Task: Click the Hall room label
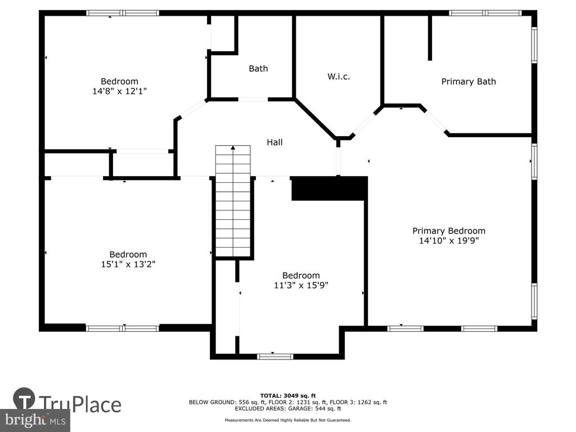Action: pyautogui.click(x=274, y=142)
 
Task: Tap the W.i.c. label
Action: pyautogui.click(x=338, y=76)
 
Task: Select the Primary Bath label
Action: pyautogui.click(x=469, y=82)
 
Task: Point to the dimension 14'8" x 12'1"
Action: pyautogui.click(x=119, y=91)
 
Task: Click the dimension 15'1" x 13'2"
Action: pyautogui.click(x=128, y=264)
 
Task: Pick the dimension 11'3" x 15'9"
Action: pyautogui.click(x=301, y=285)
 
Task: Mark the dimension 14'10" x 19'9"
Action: pyautogui.click(x=449, y=240)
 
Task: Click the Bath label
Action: pyautogui.click(x=258, y=68)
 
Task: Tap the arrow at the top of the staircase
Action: pyautogui.click(x=233, y=148)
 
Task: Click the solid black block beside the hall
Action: pyautogui.click(x=330, y=188)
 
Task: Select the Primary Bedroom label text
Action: pyautogui.click(x=449, y=231)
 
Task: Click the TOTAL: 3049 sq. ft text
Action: pyautogui.click(x=288, y=395)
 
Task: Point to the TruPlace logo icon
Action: pyautogui.click(x=24, y=399)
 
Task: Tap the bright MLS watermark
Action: pyautogui.click(x=35, y=420)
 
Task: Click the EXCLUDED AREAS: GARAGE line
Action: pyautogui.click(x=288, y=408)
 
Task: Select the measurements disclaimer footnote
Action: pyautogui.click(x=288, y=420)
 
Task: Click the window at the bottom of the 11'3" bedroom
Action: pyautogui.click(x=274, y=356)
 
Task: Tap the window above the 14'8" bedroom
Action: pyautogui.click(x=123, y=13)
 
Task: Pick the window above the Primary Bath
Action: pyautogui.click(x=485, y=13)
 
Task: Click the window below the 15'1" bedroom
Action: pyautogui.click(x=123, y=328)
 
